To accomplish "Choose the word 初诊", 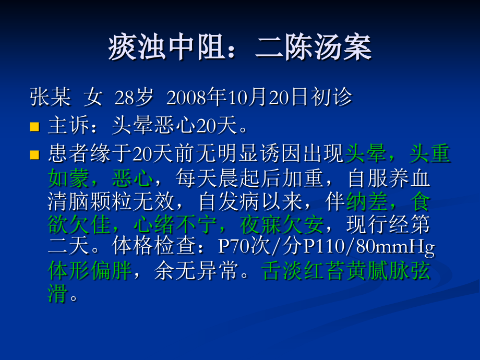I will [332, 97].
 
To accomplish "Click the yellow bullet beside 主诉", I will [35, 126].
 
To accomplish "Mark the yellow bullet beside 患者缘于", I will [35, 155].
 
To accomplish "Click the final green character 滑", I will [58, 295].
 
